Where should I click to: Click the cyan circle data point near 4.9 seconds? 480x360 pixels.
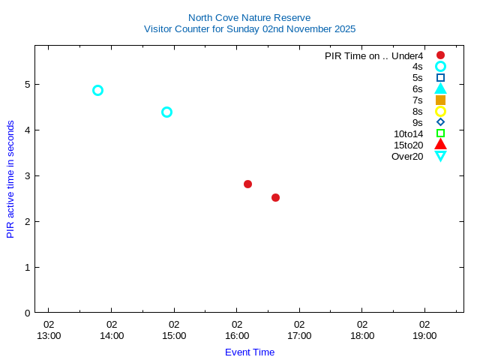coord(97,90)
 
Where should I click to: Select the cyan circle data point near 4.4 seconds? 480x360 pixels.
coord(166,112)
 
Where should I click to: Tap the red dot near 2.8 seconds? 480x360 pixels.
coord(247,184)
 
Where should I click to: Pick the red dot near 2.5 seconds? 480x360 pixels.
coord(275,197)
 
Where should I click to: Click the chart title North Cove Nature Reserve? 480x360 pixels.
coord(249,17)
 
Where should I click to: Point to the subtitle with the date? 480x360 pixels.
coord(249,28)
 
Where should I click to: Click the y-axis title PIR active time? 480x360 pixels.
coord(10,179)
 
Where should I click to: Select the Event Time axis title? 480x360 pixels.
coord(250,352)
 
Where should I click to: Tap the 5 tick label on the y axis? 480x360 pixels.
coord(27,84)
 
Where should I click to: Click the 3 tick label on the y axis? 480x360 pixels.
coord(27,175)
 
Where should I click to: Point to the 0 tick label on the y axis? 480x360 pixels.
coord(27,313)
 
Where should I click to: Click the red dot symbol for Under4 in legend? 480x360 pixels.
coord(440,55)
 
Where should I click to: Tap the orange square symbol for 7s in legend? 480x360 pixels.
coord(440,100)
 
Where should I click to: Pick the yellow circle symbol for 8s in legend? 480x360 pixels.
coord(440,111)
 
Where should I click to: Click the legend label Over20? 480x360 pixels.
coord(407,156)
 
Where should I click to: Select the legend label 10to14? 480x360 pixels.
coord(408,133)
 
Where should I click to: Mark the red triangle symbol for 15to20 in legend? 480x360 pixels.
coord(440,144)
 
